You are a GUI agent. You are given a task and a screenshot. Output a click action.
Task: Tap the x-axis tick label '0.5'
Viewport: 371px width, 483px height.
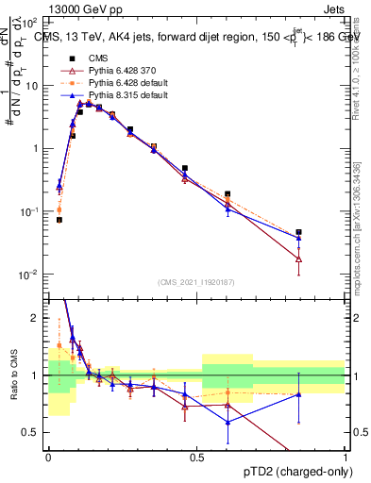pos(197,458)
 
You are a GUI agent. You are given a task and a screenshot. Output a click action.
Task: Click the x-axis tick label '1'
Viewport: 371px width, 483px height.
pos(346,458)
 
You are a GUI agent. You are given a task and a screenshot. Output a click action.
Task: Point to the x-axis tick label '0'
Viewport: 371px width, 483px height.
pos(48,458)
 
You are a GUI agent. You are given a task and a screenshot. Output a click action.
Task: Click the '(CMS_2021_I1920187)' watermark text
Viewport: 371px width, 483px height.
pos(196,280)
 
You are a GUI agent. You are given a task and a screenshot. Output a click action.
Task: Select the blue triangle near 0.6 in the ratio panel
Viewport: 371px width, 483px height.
pos(228,422)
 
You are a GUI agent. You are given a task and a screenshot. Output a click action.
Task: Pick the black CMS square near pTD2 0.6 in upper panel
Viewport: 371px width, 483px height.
pos(228,194)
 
